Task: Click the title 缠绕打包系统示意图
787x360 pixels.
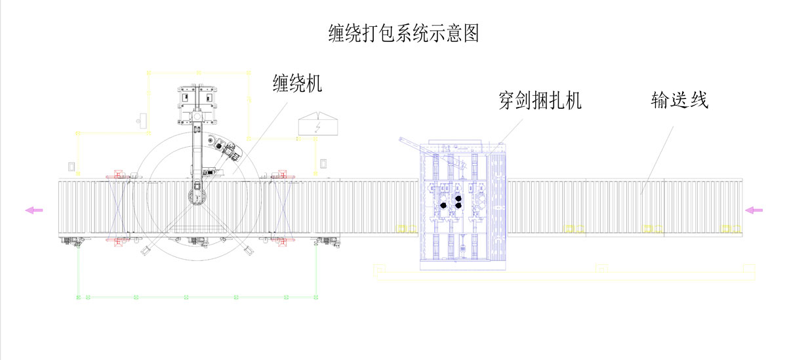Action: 403,33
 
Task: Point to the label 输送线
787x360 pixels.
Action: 679,101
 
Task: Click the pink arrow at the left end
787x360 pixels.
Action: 33,210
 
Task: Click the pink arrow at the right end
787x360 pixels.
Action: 754,210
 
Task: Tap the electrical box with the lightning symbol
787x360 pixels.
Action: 317,125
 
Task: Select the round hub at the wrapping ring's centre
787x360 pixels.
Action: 196,195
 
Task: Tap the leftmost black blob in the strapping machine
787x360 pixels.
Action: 445,205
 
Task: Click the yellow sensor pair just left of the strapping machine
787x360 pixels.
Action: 407,228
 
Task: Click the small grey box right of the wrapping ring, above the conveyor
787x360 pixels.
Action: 323,163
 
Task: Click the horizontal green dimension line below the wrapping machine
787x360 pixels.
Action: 197,297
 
